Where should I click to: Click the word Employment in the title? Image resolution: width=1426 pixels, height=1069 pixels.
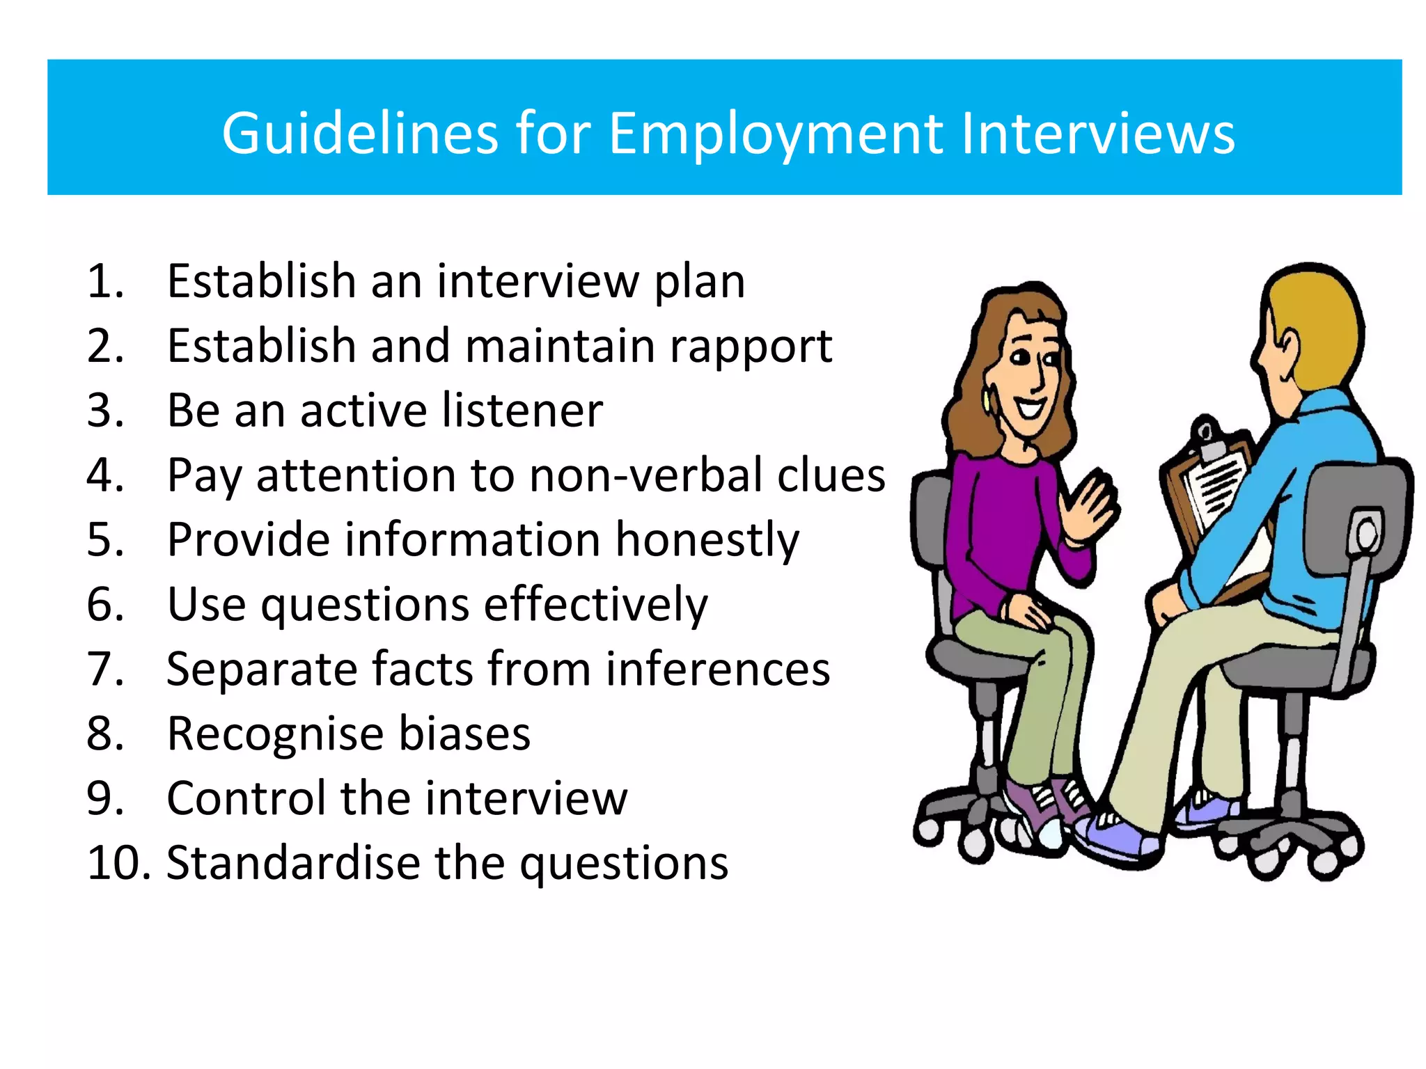coord(776,134)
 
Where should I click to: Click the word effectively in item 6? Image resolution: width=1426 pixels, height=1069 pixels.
coord(595,604)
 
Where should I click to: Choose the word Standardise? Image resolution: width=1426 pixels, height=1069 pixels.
coord(293,863)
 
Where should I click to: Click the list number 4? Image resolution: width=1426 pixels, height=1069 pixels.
coord(104,475)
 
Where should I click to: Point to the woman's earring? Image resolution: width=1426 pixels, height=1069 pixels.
coord(989,400)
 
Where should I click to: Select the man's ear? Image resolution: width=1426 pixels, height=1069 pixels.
coord(1287,345)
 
